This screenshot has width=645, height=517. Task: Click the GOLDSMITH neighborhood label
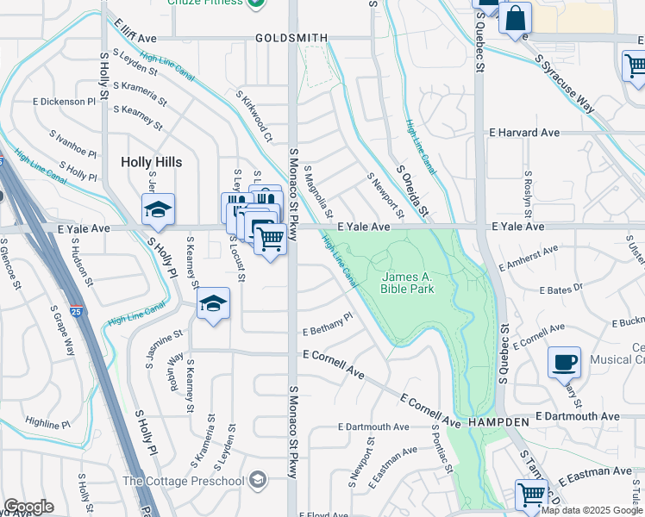click(291, 38)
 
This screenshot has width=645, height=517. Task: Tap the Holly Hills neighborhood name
click(151, 162)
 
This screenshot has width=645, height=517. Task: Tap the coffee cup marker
click(564, 363)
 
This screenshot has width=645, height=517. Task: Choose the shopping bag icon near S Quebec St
click(515, 18)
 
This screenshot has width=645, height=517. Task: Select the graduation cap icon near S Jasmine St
click(213, 303)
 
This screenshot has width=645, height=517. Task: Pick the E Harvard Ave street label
click(524, 133)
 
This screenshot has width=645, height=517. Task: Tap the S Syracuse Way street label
click(565, 84)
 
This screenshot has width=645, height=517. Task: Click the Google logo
click(28, 507)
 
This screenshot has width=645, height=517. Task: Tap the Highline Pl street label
click(47, 423)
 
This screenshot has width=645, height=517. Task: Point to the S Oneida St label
click(411, 191)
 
